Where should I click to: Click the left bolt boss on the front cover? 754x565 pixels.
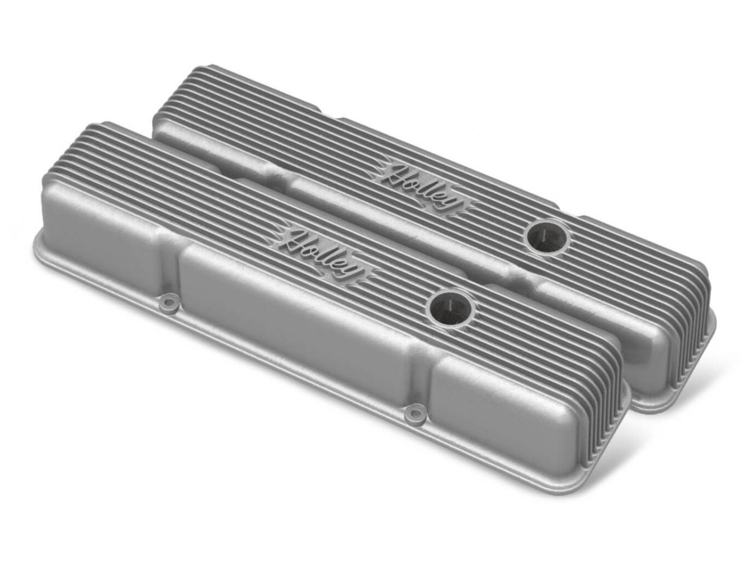click(x=169, y=303)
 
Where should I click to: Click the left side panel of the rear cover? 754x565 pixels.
click(x=218, y=147)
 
